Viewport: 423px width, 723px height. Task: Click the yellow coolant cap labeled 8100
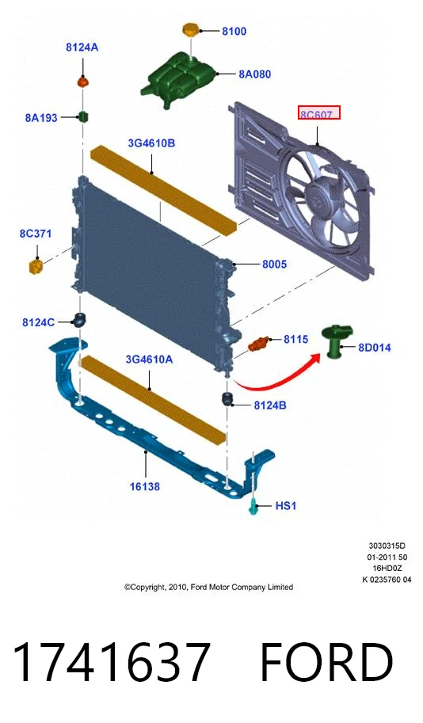point(191,30)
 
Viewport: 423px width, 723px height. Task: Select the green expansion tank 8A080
point(180,79)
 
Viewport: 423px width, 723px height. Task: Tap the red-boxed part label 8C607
point(318,112)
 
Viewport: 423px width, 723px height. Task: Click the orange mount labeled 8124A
point(82,82)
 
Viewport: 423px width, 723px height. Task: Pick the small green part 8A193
point(83,116)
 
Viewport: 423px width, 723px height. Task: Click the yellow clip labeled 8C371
point(36,267)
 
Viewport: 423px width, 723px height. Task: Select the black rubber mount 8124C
point(79,318)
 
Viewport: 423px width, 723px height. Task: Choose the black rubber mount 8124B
point(229,399)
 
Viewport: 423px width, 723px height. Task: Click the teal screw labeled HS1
point(253,507)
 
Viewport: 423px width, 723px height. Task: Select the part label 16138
point(144,486)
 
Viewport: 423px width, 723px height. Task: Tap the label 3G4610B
point(151,143)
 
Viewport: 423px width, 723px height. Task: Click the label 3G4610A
point(149,359)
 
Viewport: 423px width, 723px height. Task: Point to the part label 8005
point(274,264)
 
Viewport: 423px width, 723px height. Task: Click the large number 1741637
point(112,662)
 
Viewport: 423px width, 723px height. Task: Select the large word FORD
point(327,662)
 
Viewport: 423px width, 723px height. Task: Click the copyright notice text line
point(208,587)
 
